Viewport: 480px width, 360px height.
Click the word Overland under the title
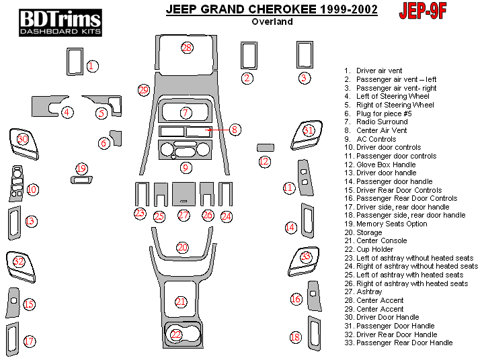click(272, 21)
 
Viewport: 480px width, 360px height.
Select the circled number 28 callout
click(187, 48)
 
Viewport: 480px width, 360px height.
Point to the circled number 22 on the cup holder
click(176, 334)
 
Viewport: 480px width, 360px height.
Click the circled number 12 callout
click(264, 161)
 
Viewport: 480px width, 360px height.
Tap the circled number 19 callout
click(81, 169)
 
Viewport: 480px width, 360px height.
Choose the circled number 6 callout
click(104, 142)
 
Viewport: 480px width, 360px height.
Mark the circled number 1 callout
click(92, 66)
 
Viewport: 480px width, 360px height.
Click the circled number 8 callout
click(235, 129)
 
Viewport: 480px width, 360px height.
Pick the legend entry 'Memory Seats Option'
click(391, 224)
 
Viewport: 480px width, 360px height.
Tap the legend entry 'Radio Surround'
click(381, 122)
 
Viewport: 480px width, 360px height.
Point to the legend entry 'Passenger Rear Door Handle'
click(403, 343)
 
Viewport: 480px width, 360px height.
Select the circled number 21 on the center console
click(180, 302)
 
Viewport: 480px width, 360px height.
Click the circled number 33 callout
click(307, 256)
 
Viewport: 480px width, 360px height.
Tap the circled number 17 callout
click(30, 341)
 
